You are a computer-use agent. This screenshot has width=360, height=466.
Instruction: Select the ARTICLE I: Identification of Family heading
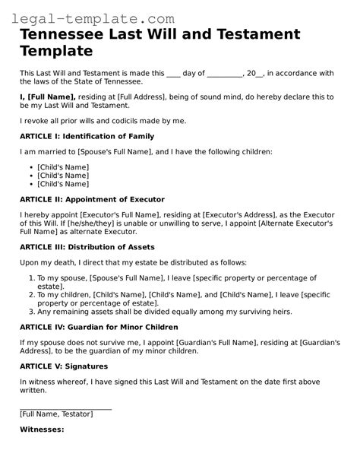pyautogui.click(x=87, y=136)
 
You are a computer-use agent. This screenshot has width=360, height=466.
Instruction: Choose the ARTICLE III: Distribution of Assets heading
pyautogui.click(x=87, y=246)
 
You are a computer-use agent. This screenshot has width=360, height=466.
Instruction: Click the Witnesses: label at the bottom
pyautogui.click(x=41, y=430)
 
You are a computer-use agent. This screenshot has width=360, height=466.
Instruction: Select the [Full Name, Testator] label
pyautogui.click(x=56, y=414)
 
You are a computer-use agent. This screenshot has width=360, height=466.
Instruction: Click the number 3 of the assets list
pyautogui.click(x=30, y=310)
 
